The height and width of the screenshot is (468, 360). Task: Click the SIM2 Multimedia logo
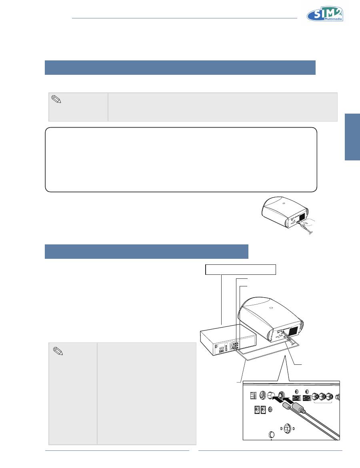tap(325, 14)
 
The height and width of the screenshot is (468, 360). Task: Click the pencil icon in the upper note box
tap(56, 99)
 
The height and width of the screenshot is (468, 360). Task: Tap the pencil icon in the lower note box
tap(58, 351)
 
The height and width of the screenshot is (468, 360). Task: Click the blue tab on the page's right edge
tap(352, 137)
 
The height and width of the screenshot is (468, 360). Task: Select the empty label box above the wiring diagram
tap(240, 269)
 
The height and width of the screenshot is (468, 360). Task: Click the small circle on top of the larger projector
tap(270, 308)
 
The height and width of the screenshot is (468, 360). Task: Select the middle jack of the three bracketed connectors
tap(322, 397)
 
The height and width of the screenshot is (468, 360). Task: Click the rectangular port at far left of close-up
tap(253, 395)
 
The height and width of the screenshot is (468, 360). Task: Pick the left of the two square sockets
tap(257, 410)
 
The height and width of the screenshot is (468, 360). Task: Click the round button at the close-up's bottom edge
tap(271, 434)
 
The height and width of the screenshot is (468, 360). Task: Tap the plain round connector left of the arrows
tap(271, 396)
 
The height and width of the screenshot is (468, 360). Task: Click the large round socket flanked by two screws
tap(287, 428)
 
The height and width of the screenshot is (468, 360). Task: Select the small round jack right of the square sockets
tap(270, 410)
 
